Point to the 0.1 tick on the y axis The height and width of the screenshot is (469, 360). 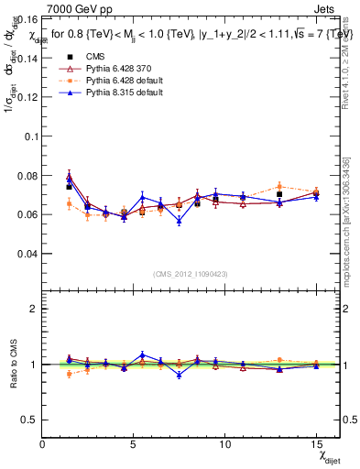[x=30, y=136]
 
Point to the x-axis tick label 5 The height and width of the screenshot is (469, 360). [x=126, y=444]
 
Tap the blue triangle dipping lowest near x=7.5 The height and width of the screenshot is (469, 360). [x=179, y=222]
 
